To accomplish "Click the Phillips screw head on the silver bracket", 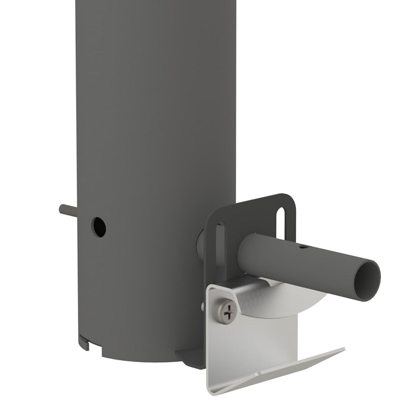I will tap(227, 312).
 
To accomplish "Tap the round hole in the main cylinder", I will tap(98, 227).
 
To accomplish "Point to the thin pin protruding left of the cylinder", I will tap(67, 211).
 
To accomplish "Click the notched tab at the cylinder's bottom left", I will tap(84, 342).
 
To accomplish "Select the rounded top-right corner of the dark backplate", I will tap(290, 199).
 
